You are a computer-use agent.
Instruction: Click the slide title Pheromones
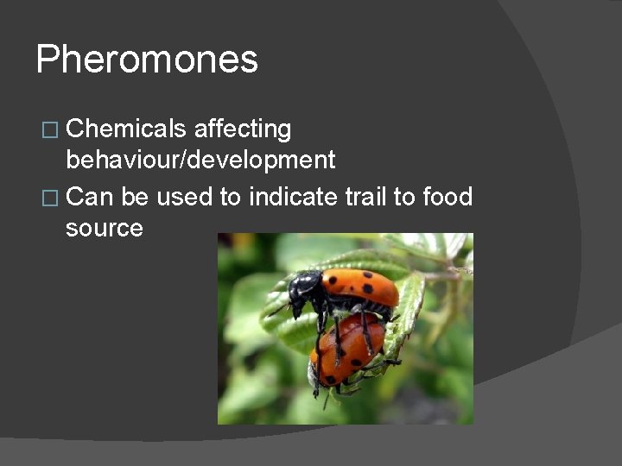(147, 60)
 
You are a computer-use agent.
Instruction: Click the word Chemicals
(125, 129)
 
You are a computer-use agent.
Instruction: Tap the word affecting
(243, 129)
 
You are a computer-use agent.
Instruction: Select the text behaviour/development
(200, 161)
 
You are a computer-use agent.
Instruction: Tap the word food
(447, 197)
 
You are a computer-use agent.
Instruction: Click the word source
(104, 229)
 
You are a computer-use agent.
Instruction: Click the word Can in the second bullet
(90, 197)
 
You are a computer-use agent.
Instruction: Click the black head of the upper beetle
(304, 288)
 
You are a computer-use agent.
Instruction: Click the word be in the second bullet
(136, 197)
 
